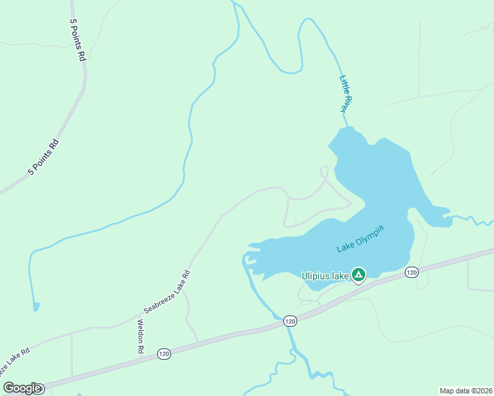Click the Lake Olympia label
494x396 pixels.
coord(360,239)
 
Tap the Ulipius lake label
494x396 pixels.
coord(325,276)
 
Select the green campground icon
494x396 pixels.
coord(358,274)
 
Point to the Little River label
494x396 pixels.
coord(347,94)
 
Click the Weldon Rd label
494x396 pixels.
coord(140,337)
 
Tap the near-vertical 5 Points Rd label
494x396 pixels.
coord(77,40)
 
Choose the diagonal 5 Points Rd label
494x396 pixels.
coord(44,157)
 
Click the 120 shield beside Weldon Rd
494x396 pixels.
coord(164,354)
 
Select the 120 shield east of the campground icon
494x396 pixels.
coord(411,272)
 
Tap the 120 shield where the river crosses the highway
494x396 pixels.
coord(290,321)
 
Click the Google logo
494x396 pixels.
coord(22,388)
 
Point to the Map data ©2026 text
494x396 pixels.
coord(466,391)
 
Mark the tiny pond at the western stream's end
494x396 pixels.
coord(35,306)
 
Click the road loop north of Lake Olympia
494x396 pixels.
coord(324,172)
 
